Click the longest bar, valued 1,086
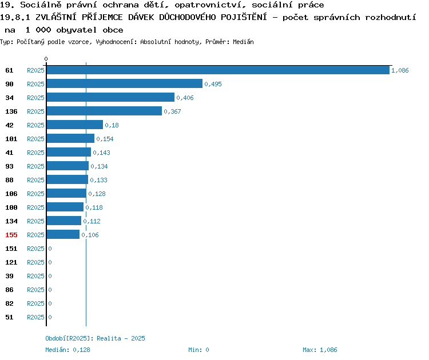tap(218, 70)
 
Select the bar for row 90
tap(125, 83)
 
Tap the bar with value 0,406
tap(110, 97)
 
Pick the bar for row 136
tap(104, 111)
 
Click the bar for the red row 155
tap(63, 234)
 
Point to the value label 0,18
tap(112, 125)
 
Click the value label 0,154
tap(105, 139)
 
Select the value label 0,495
tap(213, 84)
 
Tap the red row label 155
tap(11, 235)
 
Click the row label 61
tap(9, 70)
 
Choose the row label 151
tap(11, 249)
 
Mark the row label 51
tap(9, 317)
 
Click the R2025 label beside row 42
tap(35, 125)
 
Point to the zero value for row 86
tap(50, 290)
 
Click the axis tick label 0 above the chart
tap(46, 59)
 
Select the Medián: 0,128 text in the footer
tap(67, 350)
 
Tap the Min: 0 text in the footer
tap(198, 350)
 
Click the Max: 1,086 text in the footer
tap(320, 350)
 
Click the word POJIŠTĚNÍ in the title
tap(244, 17)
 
